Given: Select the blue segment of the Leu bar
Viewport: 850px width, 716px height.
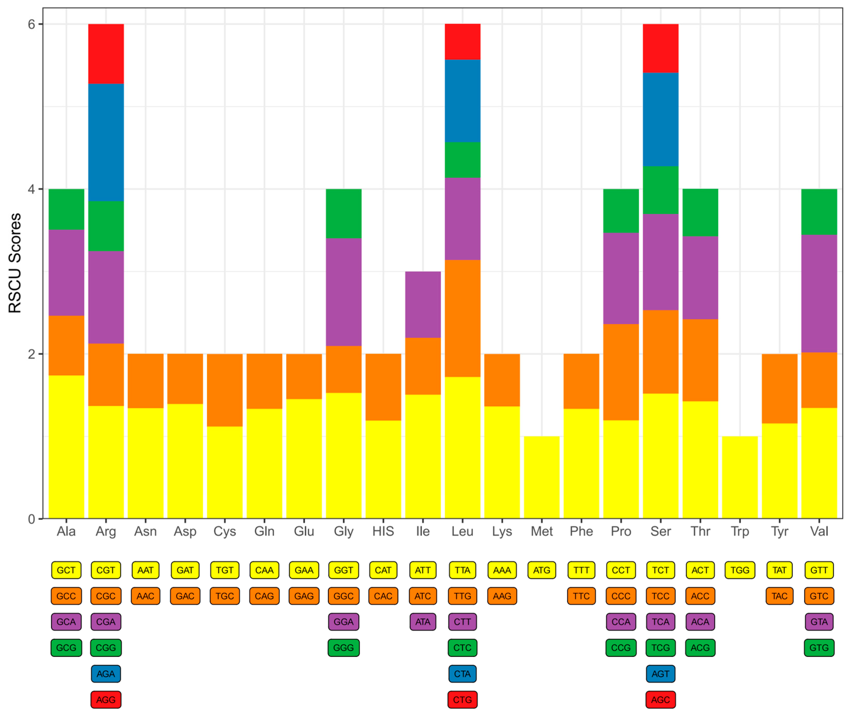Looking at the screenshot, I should click(462, 101).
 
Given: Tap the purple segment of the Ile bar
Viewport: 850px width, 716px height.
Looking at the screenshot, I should click(423, 305).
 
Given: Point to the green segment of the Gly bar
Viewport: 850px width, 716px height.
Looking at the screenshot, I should click(343, 214).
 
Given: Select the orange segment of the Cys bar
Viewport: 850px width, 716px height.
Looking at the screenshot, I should click(224, 390).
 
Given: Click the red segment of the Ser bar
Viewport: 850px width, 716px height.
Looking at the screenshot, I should click(660, 48).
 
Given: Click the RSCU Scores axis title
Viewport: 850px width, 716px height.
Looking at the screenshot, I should click(15, 263).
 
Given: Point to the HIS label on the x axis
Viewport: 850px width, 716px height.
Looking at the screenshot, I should click(383, 531).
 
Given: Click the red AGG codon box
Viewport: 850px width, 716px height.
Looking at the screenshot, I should click(106, 700).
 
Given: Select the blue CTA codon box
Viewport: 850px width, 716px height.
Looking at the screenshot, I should click(462, 674).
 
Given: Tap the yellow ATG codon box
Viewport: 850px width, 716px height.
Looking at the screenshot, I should click(541, 570).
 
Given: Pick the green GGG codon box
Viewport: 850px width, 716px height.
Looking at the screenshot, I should click(343, 648).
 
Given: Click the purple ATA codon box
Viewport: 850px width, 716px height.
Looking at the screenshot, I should click(423, 622).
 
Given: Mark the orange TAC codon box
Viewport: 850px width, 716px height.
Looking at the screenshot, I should click(779, 596).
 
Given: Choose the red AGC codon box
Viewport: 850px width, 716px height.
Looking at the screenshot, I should click(660, 700).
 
